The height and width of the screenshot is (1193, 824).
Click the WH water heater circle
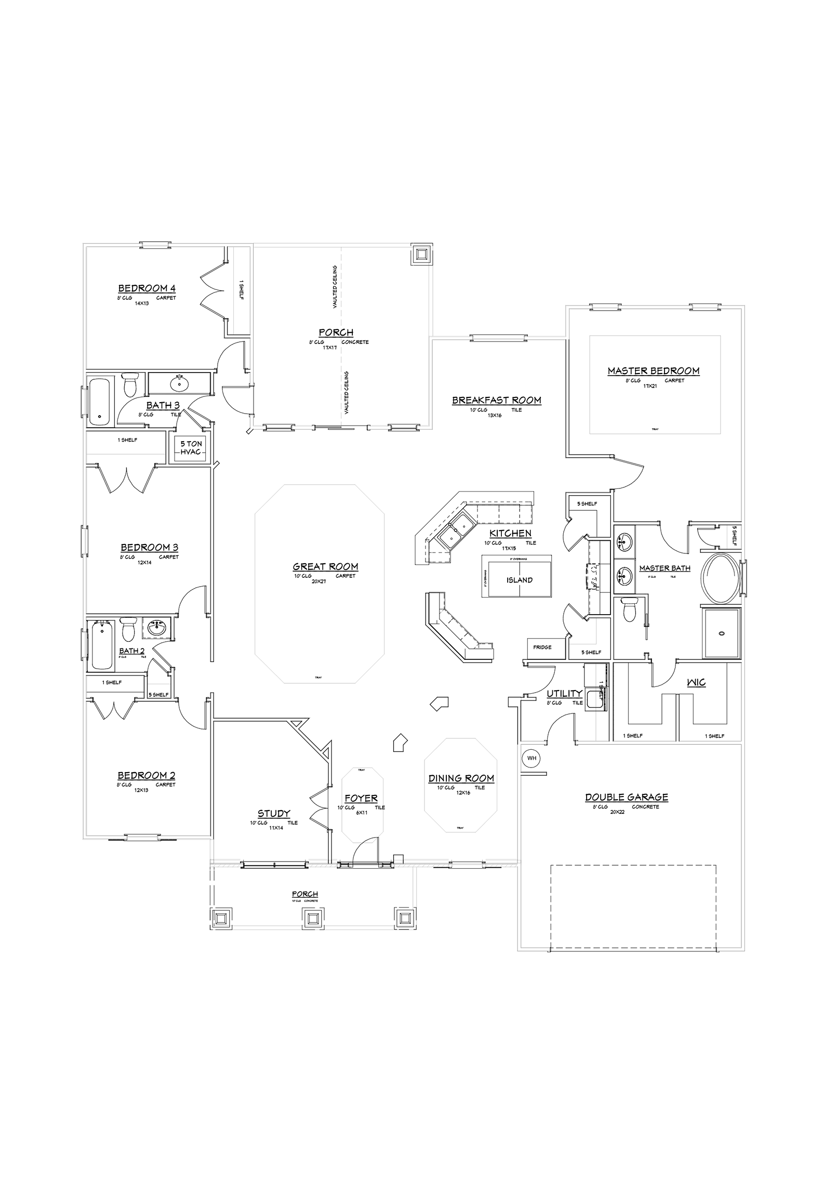click(x=531, y=758)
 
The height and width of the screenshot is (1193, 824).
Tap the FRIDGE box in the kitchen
click(x=542, y=647)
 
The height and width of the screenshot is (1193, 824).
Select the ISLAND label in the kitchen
click(x=520, y=580)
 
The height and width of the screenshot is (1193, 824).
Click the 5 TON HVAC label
click(x=191, y=448)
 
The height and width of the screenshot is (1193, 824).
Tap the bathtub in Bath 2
click(x=102, y=645)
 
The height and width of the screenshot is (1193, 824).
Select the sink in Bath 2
click(x=157, y=628)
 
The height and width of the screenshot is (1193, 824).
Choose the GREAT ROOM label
click(x=325, y=567)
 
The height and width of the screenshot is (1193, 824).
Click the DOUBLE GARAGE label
click(x=627, y=797)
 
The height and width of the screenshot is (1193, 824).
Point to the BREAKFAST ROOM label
click(x=496, y=400)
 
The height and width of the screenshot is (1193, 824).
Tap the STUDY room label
click(x=274, y=814)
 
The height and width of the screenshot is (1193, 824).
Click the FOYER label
click(x=361, y=798)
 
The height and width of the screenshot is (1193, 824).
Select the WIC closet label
click(x=696, y=682)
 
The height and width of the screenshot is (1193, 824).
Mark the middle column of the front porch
click(x=313, y=919)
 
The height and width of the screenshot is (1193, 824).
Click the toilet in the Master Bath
click(x=629, y=609)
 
